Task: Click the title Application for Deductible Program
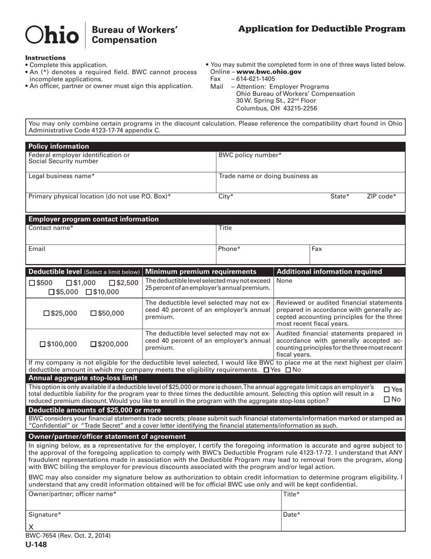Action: click(x=322, y=29)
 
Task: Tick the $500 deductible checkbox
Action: click(x=31, y=283)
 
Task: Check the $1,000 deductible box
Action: click(x=69, y=283)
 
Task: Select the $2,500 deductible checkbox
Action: click(x=113, y=283)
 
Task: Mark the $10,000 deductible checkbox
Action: click(x=89, y=292)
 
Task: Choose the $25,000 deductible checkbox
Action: click(x=46, y=313)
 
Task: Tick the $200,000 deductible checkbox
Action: click(x=93, y=344)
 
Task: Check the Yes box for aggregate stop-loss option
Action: click(x=387, y=389)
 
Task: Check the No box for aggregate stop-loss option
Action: click(x=387, y=399)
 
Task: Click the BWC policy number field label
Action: click(x=250, y=155)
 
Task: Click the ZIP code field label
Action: click(x=381, y=196)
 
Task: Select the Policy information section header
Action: click(x=59, y=146)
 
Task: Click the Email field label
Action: click(x=37, y=249)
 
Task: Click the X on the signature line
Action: click(x=31, y=527)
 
